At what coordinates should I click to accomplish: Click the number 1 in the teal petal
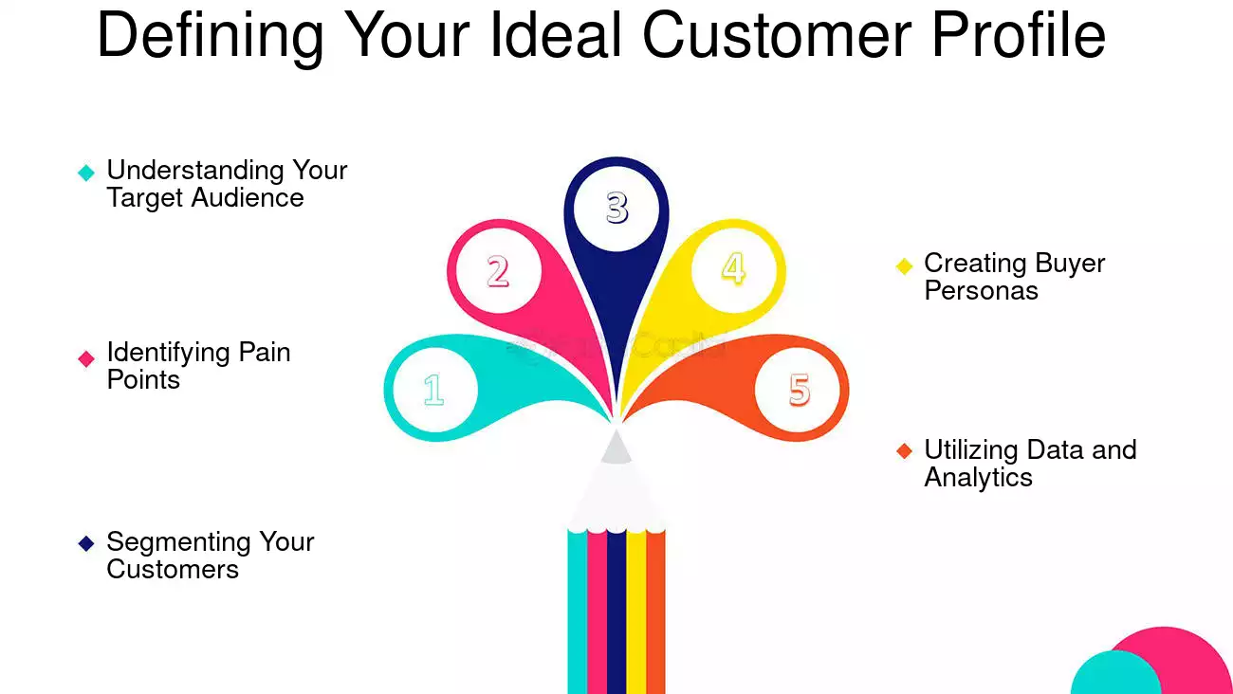coord(433,390)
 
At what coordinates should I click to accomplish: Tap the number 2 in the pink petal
coord(498,271)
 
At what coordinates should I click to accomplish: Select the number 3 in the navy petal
coord(616,208)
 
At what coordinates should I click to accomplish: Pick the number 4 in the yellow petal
coord(733,268)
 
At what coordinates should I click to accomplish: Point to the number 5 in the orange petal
coord(799,390)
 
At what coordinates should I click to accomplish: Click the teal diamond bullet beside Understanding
coord(86,173)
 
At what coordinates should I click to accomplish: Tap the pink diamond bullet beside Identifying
coord(86,358)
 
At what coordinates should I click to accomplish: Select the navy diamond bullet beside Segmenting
coord(86,543)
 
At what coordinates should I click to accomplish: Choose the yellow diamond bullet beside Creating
coord(904,265)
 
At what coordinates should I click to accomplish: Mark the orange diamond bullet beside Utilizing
coord(904,451)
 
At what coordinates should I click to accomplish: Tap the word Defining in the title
coord(210,35)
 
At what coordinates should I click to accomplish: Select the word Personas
coord(981,291)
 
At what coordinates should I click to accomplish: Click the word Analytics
coord(978,478)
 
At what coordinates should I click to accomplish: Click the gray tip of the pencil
coord(616,447)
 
